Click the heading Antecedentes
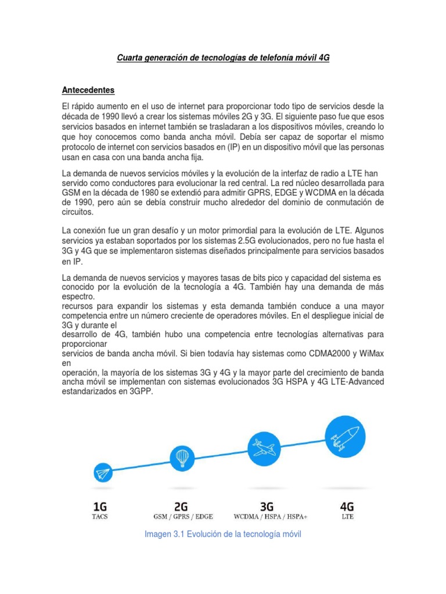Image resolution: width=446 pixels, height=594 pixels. tap(88, 90)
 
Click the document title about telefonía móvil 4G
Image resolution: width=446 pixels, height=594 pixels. tap(223, 58)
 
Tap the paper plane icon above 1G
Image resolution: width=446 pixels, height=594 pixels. tap(103, 474)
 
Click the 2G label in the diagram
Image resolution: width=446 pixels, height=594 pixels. tap(181, 506)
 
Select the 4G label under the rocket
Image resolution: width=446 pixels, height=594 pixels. tap(347, 506)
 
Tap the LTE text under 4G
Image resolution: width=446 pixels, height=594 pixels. tap(347, 516)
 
